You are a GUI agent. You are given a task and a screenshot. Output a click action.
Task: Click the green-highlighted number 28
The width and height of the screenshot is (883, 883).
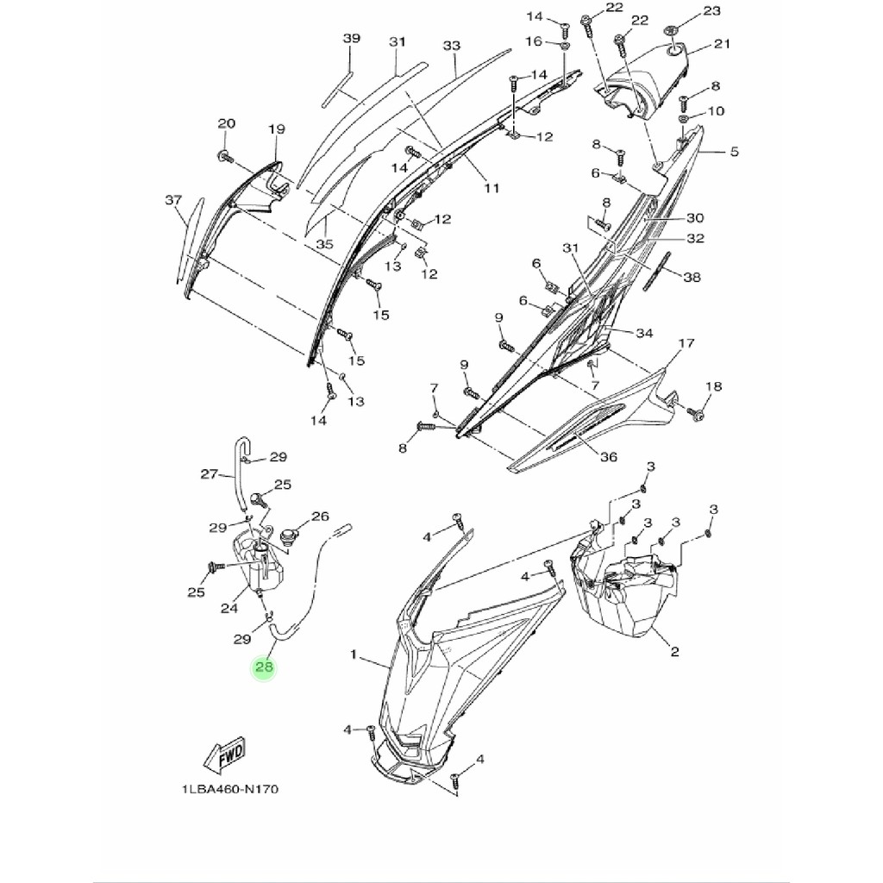[264, 667]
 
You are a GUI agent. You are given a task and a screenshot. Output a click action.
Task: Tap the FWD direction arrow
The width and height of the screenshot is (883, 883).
[225, 755]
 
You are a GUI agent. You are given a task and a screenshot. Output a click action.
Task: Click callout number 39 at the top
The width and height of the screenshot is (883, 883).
[351, 39]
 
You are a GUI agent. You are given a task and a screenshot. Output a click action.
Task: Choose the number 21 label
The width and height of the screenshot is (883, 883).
[722, 44]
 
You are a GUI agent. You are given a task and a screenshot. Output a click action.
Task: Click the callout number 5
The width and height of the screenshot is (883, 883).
[734, 153]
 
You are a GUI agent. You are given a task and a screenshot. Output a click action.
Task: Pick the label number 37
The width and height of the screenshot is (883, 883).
[173, 200]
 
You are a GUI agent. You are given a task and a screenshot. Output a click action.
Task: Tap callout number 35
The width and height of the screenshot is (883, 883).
[323, 244]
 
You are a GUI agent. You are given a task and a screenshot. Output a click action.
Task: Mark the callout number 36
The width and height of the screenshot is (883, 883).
[608, 457]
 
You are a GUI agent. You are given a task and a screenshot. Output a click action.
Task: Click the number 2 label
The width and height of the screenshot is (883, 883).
[673, 652]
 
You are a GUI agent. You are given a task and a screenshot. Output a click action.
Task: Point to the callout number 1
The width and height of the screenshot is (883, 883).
[353, 655]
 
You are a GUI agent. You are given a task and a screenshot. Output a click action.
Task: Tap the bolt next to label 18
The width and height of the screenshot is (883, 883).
[697, 416]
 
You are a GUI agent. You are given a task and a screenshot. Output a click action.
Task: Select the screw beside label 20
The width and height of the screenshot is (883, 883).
[224, 157]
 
